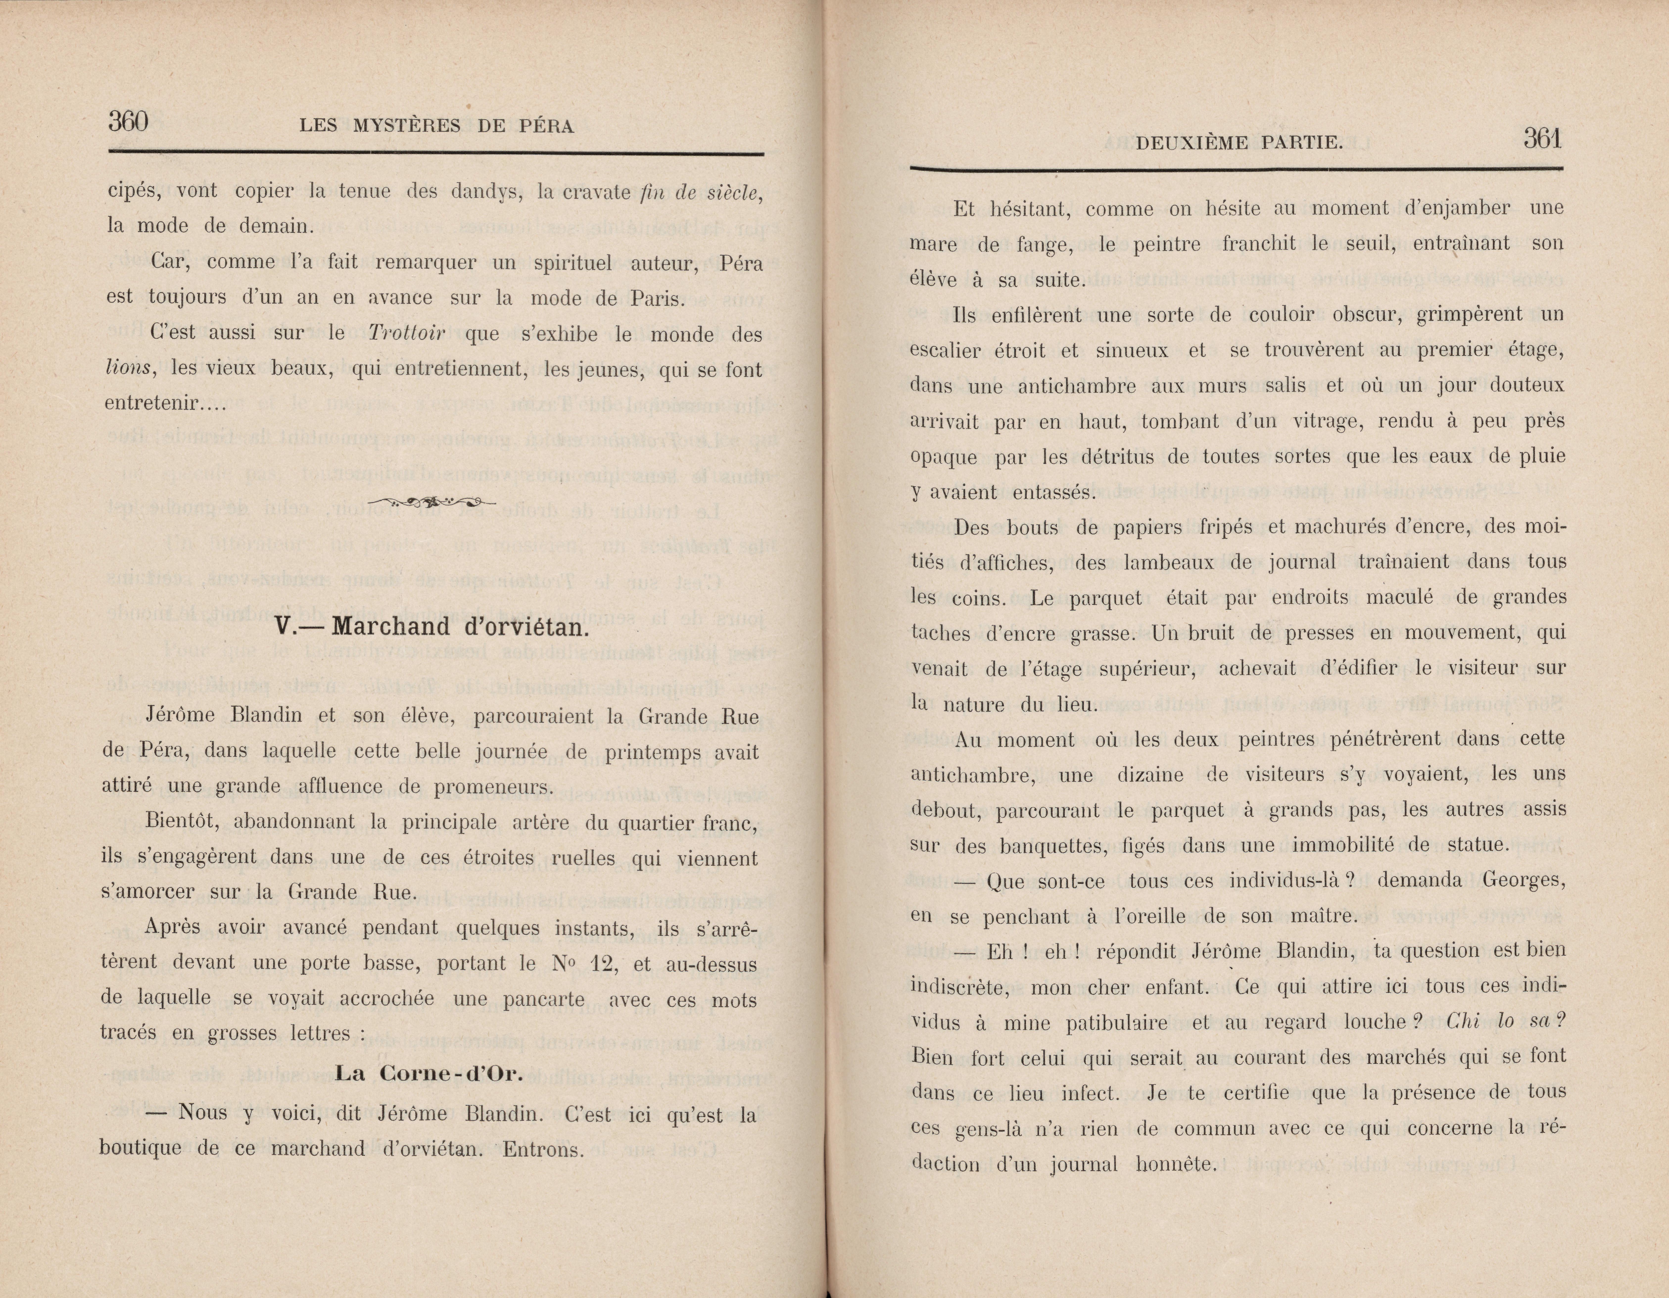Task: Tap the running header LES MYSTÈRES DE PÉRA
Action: click(436, 126)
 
